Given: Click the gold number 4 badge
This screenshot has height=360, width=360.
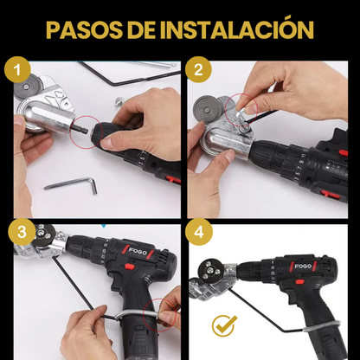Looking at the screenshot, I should point(199,232).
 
